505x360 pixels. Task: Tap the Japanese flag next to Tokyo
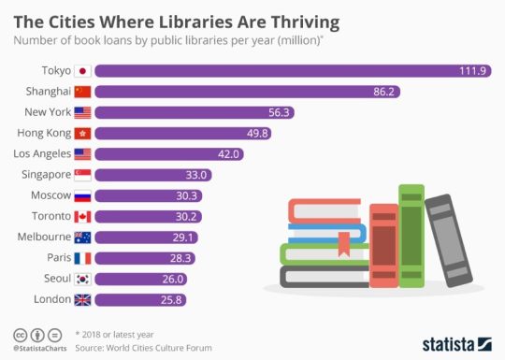pos(82,71)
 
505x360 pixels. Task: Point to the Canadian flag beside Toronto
pos(82,215)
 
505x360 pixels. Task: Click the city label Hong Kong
pos(42,133)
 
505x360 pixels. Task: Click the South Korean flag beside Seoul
pos(82,279)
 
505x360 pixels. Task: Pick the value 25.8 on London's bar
pos(172,299)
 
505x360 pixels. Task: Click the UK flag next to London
pos(82,299)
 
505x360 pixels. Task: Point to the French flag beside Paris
pos(82,257)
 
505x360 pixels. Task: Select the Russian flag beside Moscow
pos(82,194)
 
